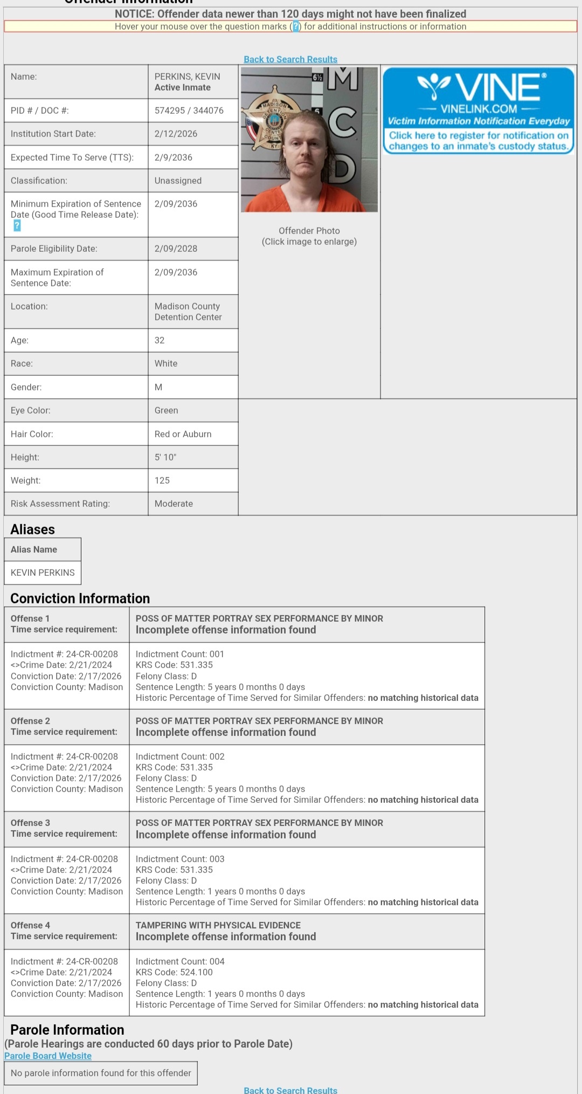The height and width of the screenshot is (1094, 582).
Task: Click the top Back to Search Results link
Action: click(290, 59)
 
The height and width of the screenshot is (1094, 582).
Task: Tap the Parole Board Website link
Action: click(48, 1056)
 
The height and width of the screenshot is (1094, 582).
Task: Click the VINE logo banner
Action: click(479, 111)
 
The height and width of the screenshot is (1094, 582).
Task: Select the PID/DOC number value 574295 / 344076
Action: click(189, 111)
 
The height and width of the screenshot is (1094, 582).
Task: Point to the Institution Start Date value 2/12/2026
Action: click(176, 134)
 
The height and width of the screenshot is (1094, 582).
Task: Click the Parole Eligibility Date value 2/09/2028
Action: click(176, 249)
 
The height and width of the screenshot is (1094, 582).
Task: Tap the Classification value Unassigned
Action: click(178, 181)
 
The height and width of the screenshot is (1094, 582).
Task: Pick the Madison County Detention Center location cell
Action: click(188, 312)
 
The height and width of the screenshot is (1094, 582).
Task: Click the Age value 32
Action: click(160, 340)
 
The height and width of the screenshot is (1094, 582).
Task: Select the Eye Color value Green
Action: click(166, 410)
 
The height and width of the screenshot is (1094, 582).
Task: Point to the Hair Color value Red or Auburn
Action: click(183, 434)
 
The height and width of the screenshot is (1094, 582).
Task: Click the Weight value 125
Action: click(162, 480)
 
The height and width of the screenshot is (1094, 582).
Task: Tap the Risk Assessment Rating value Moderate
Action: click(174, 504)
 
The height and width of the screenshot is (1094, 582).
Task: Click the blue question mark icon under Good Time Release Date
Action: click(17, 226)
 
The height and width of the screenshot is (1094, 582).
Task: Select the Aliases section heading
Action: click(32, 529)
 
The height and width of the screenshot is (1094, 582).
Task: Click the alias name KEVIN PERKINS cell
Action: click(43, 573)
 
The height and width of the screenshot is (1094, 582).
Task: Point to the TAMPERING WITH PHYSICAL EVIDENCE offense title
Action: click(218, 925)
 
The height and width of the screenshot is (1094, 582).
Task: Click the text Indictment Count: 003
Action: click(180, 859)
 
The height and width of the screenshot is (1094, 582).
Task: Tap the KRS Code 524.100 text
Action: click(174, 972)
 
